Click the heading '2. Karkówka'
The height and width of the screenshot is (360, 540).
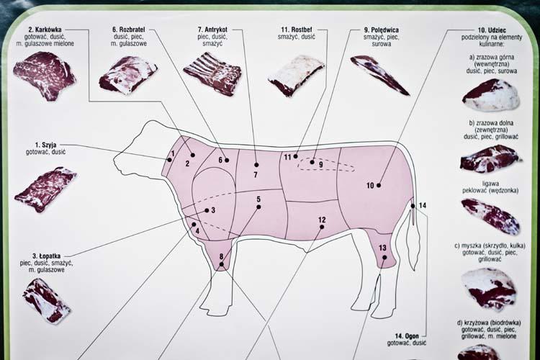point(45,30)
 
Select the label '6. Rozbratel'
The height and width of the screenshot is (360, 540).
point(128,30)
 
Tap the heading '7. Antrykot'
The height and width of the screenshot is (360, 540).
point(212,30)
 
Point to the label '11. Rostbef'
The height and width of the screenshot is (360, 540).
point(297,30)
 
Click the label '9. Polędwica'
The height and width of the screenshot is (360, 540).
point(381,30)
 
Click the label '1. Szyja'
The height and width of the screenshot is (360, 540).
point(46,145)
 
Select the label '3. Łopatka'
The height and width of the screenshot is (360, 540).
point(47,256)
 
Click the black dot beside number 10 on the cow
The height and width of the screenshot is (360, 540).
point(379,185)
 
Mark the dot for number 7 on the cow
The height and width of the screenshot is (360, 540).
point(256,165)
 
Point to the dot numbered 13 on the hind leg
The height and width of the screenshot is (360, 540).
point(384,257)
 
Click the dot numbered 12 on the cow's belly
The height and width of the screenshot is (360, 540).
point(322,227)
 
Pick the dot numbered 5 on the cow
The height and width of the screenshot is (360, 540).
point(258,207)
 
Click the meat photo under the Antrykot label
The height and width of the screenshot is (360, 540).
point(212,73)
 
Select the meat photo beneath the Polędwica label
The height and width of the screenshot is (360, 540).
point(379,75)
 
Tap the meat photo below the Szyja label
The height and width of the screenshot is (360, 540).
point(45,189)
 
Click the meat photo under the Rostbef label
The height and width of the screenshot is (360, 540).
point(297,76)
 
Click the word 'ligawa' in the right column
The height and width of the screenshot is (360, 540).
point(490,184)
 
